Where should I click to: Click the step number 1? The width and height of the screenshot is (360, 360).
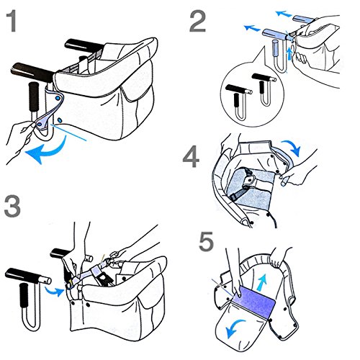pyautogui.click(x=12, y=22)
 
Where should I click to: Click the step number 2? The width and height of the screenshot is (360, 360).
pyautogui.click(x=197, y=22)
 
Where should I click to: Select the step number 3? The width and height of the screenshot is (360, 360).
pyautogui.click(x=12, y=207)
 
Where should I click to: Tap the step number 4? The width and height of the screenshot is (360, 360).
pyautogui.click(x=191, y=158)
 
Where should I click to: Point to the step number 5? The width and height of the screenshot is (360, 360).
pyautogui.click(x=207, y=241)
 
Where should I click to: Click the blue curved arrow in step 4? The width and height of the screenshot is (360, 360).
pyautogui.click(x=292, y=146)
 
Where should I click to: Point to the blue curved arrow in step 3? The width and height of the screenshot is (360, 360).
pyautogui.click(x=53, y=292)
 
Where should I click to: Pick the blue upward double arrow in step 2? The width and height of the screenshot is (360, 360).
pyautogui.click(x=290, y=53)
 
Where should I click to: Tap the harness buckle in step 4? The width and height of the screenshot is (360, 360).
pyautogui.click(x=251, y=179)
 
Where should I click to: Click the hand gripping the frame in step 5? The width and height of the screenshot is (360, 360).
pyautogui.click(x=279, y=258)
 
